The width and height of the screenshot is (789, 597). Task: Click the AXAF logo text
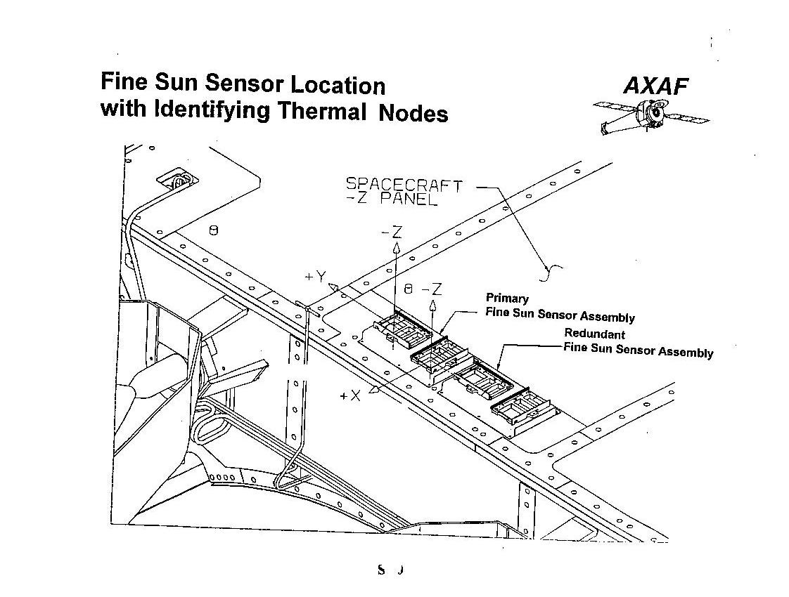[655, 86]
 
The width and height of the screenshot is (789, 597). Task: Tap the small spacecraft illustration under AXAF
[650, 114]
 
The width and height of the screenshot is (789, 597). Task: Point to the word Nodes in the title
[413, 113]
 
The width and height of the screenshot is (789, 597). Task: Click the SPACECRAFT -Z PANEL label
[403, 192]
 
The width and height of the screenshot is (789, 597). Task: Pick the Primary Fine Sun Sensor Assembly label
[559, 308]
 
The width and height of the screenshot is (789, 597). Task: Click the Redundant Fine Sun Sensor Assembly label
[637, 343]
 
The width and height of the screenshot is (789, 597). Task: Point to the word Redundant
[594, 334]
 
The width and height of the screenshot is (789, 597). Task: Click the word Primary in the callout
[507, 298]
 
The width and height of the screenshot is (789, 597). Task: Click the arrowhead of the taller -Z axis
[396, 248]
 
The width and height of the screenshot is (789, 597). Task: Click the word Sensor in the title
[245, 84]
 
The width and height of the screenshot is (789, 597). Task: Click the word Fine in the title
[124, 81]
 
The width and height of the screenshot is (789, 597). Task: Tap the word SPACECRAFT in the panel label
[404, 185]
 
